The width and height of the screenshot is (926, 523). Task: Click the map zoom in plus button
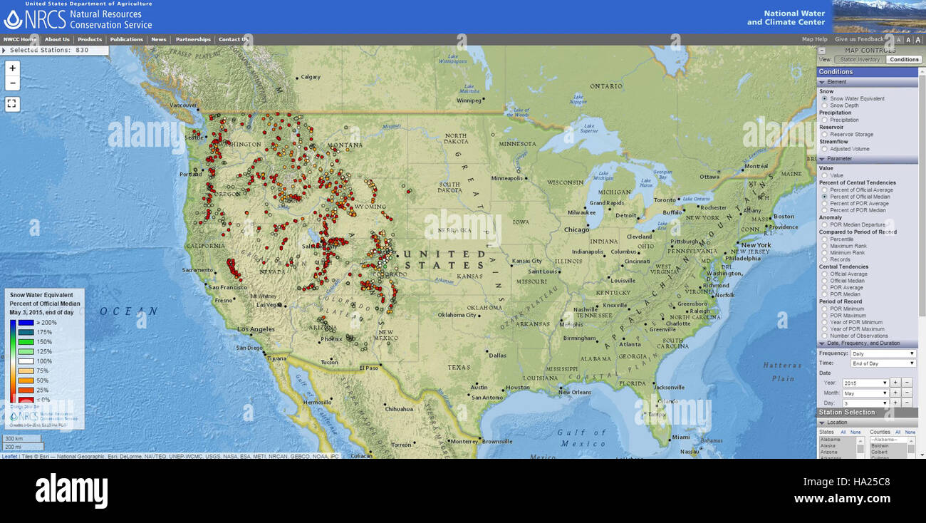tap(13, 68)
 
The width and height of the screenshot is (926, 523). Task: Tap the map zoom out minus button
tap(13, 83)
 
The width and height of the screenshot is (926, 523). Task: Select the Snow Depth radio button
tap(825, 105)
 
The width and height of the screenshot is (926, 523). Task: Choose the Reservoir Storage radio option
tap(825, 134)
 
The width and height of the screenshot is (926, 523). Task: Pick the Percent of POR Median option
tap(825, 210)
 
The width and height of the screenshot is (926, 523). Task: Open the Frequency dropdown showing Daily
tap(883, 353)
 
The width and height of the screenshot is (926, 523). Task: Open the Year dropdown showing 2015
tap(865, 383)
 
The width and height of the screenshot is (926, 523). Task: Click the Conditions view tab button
tap(904, 60)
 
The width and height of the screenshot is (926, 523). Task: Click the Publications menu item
tap(127, 40)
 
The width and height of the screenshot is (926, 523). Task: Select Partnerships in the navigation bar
tap(193, 40)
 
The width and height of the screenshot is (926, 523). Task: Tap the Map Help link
tap(814, 40)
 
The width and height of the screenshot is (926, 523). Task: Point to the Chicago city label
tap(577, 229)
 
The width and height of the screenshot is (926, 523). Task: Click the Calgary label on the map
tap(311, 77)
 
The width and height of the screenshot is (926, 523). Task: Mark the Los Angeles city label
tap(256, 329)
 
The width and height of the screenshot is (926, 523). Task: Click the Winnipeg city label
tap(469, 100)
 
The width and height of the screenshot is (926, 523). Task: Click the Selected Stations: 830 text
tap(50, 50)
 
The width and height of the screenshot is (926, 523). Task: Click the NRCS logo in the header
tap(35, 19)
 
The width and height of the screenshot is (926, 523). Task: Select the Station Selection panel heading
tap(847, 413)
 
